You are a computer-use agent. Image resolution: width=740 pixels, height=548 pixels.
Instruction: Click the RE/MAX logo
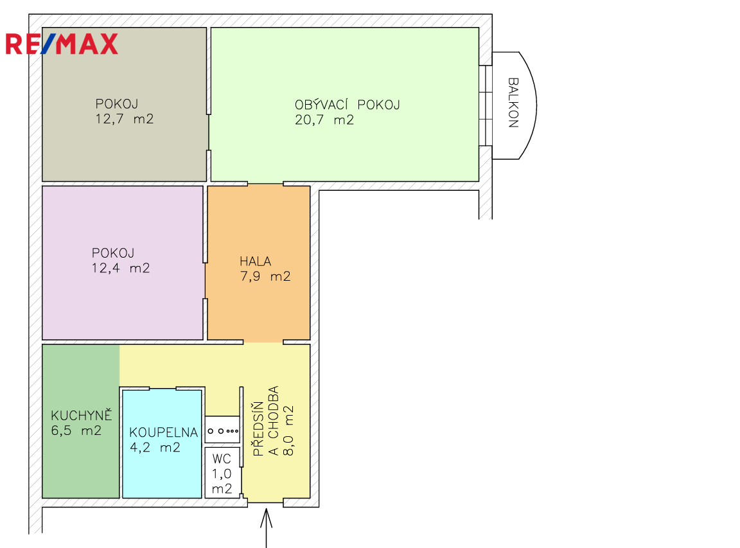(x=62, y=44)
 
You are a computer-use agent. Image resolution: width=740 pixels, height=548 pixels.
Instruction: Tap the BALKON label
(x=513, y=102)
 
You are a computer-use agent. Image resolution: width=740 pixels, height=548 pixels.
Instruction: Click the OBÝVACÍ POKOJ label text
(x=348, y=104)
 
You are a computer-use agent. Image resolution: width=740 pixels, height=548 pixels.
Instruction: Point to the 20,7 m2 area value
(x=324, y=120)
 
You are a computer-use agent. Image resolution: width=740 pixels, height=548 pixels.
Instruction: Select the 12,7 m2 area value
(x=125, y=119)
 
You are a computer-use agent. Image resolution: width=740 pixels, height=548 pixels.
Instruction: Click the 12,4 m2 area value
(x=121, y=268)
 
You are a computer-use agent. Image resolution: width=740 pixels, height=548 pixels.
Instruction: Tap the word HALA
(x=255, y=261)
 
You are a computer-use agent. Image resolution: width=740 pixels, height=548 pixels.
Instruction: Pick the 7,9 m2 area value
(x=265, y=276)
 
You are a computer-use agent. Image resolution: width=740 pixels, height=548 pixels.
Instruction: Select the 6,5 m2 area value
(x=76, y=430)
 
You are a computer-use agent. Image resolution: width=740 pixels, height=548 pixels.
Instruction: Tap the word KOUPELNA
(x=164, y=432)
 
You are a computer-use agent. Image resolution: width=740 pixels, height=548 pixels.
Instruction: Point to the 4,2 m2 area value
(x=155, y=448)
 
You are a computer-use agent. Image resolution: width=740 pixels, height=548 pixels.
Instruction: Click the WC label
(x=222, y=458)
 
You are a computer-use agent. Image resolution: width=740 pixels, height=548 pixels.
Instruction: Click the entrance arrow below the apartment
(x=267, y=527)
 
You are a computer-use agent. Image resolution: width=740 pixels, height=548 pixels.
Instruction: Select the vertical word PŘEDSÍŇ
(x=258, y=429)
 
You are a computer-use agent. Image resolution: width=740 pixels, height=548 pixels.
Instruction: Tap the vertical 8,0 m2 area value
(x=288, y=430)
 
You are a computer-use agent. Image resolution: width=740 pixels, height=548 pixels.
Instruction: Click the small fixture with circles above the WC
(x=223, y=430)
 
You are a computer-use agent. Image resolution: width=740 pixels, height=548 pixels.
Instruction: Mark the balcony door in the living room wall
(x=486, y=105)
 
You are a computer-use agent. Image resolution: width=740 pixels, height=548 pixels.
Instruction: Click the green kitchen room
(x=81, y=421)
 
